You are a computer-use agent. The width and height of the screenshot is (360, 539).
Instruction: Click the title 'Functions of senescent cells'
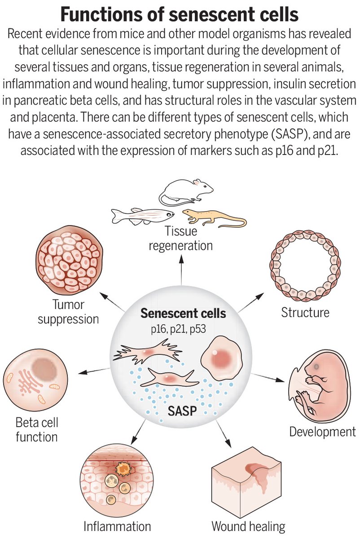tap(180, 14)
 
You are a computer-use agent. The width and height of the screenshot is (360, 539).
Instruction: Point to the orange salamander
tap(211, 217)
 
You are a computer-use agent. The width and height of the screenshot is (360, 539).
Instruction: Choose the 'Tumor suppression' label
tap(68, 312)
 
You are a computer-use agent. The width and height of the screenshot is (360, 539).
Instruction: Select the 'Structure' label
tap(305, 312)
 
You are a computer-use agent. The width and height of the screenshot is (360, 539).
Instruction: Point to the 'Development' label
tap(322, 432)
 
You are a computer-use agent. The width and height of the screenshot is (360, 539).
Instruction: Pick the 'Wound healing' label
tap(248, 526)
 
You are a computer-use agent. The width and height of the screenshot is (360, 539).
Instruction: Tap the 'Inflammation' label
tap(117, 526)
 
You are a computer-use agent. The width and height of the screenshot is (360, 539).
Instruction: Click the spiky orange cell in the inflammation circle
tap(123, 468)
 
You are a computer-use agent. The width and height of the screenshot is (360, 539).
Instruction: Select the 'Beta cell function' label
tap(37, 429)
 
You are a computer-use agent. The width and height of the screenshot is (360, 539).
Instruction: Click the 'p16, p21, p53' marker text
tap(178, 329)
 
